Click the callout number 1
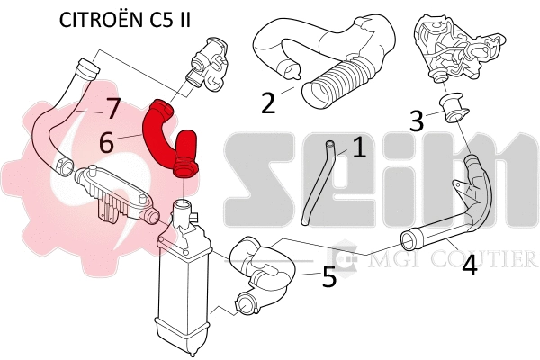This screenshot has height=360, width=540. pyautogui.click(x=359, y=148)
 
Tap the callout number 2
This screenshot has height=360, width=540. pyautogui.click(x=268, y=103)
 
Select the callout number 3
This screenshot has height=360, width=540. pyautogui.click(x=415, y=120)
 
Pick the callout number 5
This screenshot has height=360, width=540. pyautogui.click(x=329, y=276)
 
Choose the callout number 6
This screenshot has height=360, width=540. pyautogui.click(x=107, y=141)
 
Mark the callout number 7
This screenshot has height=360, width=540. pyautogui.click(x=112, y=109)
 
